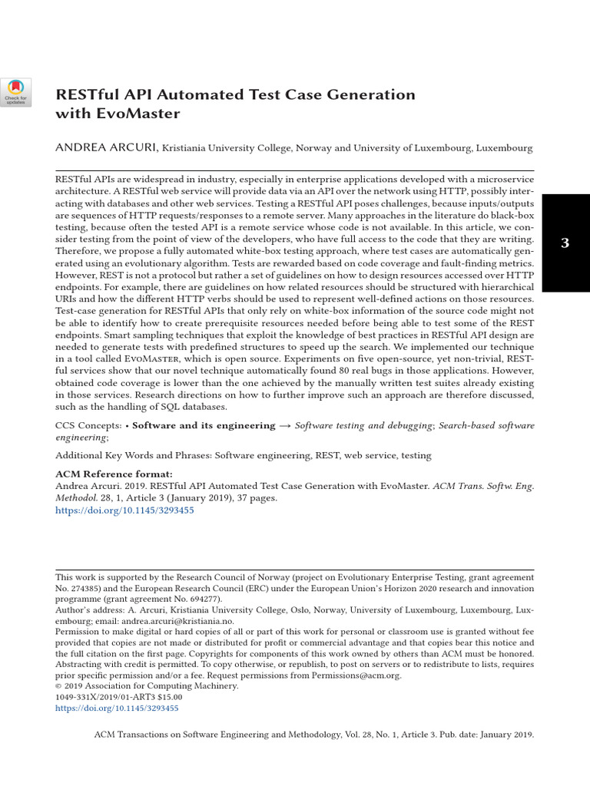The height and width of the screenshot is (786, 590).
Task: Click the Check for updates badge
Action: coord(15,92)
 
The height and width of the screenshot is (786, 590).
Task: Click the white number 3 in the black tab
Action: coord(565,243)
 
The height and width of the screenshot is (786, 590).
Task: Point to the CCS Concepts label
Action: coord(88,425)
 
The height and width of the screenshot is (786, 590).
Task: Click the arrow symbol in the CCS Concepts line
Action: coord(285,425)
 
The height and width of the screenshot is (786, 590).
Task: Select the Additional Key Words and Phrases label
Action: coord(133,455)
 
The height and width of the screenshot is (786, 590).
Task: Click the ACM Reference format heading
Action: coord(114,474)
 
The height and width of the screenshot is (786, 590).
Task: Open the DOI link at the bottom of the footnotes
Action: coord(117,708)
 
